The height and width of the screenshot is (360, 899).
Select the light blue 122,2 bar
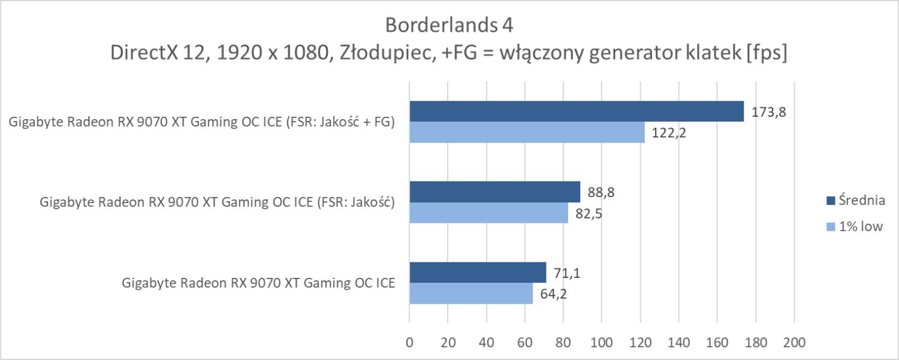pyautogui.click(x=527, y=132)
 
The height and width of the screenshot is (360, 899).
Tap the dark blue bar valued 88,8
pyautogui.click(x=495, y=192)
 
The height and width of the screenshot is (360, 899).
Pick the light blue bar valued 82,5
pyautogui.click(x=488, y=213)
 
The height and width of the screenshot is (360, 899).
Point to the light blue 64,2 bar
pyautogui.click(x=471, y=294)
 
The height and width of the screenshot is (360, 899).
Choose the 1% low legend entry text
pyautogui.click(x=862, y=226)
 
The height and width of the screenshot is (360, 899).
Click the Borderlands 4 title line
pyautogui.click(x=449, y=25)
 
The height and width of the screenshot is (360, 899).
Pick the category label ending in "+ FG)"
pyautogui.click(x=202, y=123)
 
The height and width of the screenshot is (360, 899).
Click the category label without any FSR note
pyautogui.click(x=258, y=283)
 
